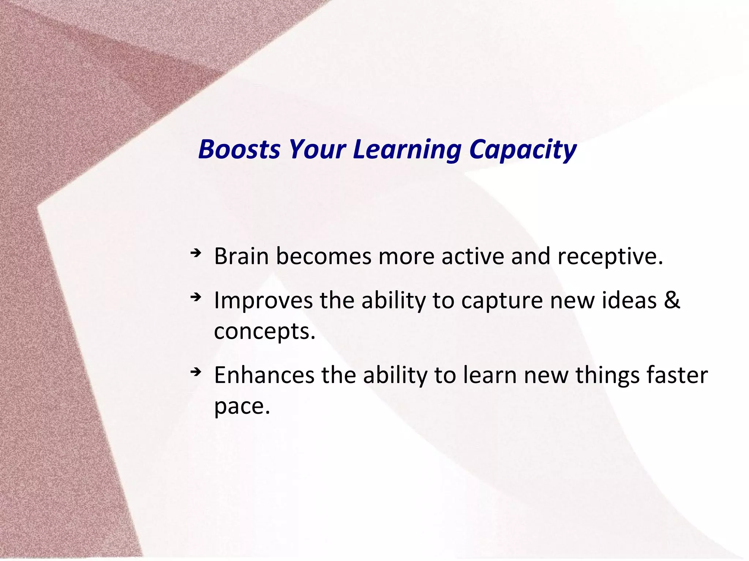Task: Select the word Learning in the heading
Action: click(x=407, y=150)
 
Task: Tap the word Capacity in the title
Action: click(x=523, y=150)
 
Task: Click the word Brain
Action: click(x=241, y=256)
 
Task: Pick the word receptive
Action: click(x=610, y=257)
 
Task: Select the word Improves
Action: click(x=263, y=301)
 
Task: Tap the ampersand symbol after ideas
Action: click(x=671, y=300)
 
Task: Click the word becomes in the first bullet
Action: click(x=323, y=256)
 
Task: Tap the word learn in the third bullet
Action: click(x=490, y=375)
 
